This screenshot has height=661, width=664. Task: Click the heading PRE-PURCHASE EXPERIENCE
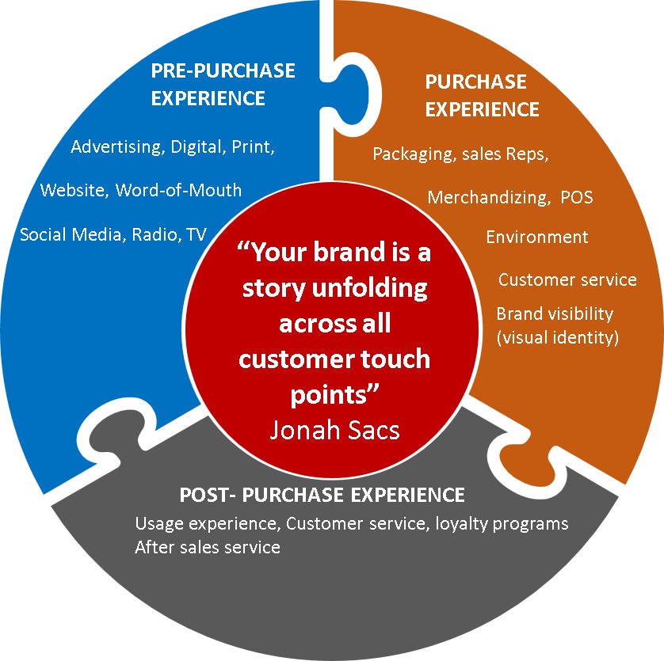pos(223,84)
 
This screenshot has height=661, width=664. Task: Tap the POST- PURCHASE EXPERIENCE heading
pos(322,496)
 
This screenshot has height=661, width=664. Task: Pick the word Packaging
pos(410,154)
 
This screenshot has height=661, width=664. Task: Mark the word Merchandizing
pos(484,197)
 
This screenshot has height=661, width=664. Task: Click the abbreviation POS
pos(575,197)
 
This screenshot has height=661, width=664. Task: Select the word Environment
pos(536,237)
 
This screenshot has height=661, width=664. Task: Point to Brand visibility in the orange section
pos(554,313)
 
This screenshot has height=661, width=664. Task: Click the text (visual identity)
pos(557,336)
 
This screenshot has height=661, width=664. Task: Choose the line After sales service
pos(208,547)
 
